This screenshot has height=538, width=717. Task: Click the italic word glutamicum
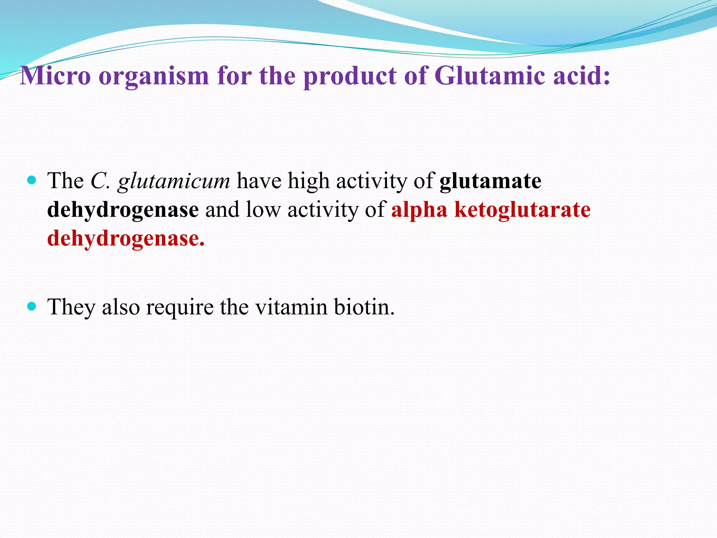pyautogui.click(x=174, y=182)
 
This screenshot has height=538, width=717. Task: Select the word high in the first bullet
pyautogui.click(x=308, y=182)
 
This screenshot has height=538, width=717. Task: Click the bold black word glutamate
pyautogui.click(x=490, y=181)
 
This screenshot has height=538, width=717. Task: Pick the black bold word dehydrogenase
pyautogui.click(x=123, y=210)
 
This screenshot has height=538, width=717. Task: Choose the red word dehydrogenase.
pyautogui.click(x=126, y=239)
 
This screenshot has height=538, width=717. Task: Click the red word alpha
pyautogui.click(x=419, y=210)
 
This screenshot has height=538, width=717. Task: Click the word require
pyautogui.click(x=180, y=308)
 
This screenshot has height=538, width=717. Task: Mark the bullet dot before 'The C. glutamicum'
pyautogui.click(x=32, y=181)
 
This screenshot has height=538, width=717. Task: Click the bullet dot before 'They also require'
pyautogui.click(x=32, y=307)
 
